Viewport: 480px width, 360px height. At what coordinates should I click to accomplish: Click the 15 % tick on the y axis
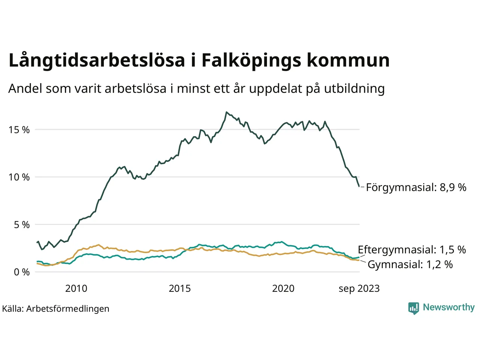click(19, 130)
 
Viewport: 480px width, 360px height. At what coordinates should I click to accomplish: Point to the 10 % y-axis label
click(19, 177)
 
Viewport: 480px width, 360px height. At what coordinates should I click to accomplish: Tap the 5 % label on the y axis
click(22, 225)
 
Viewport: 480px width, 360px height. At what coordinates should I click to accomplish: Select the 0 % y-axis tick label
click(22, 272)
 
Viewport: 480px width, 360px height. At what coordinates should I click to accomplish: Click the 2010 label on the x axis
click(76, 288)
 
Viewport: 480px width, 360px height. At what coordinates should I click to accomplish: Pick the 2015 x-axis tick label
click(180, 288)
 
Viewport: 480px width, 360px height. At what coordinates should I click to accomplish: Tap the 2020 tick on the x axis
click(283, 288)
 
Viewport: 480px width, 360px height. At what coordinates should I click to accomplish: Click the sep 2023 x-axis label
click(359, 288)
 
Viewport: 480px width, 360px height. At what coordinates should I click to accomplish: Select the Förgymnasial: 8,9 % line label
click(416, 187)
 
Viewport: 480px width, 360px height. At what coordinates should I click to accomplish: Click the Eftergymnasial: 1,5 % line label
click(412, 250)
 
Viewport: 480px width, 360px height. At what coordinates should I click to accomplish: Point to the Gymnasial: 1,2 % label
click(410, 264)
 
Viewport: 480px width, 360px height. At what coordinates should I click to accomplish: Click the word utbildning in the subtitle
click(354, 88)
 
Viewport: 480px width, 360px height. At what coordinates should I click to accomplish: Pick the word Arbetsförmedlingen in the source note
click(68, 309)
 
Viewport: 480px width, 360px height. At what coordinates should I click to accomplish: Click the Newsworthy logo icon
click(413, 308)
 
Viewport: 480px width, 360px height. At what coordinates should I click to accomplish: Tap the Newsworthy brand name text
click(448, 307)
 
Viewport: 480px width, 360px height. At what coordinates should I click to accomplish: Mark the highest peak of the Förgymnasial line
click(226, 112)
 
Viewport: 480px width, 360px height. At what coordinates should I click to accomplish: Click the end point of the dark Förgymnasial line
click(359, 186)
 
